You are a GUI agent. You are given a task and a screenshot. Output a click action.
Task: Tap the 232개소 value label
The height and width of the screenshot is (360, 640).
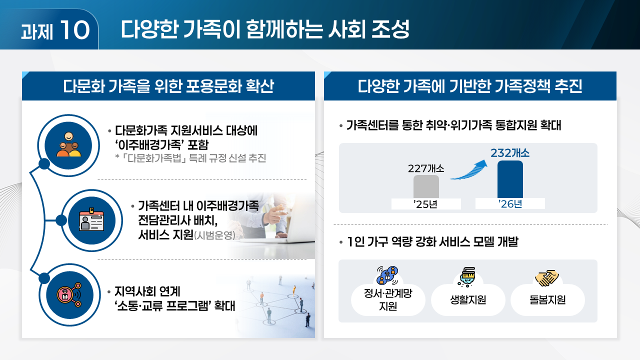tap(510, 152)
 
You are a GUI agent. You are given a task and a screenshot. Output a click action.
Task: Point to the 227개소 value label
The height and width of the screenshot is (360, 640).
tap(426, 168)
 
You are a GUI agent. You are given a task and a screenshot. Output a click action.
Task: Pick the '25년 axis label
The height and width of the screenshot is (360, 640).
tap(426, 204)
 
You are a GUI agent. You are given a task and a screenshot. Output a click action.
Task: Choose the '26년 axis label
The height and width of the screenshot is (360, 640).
tap(510, 204)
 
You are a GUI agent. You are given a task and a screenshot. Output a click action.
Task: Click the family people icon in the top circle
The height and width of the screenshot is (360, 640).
tap(68, 145)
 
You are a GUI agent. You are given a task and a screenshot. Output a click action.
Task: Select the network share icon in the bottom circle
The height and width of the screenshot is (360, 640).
tap(68, 295)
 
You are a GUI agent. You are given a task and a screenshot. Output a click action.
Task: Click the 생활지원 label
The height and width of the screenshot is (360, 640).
tap(468, 300)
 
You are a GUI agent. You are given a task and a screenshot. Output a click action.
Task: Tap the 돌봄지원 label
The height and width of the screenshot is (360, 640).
tap(547, 300)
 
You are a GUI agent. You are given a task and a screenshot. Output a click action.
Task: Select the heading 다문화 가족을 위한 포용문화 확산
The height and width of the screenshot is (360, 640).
tap(168, 86)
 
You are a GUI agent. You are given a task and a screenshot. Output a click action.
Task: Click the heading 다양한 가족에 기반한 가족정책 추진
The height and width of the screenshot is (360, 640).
tap(470, 86)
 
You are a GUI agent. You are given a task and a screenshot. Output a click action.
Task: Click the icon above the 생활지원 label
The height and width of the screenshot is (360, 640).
tap(467, 277)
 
